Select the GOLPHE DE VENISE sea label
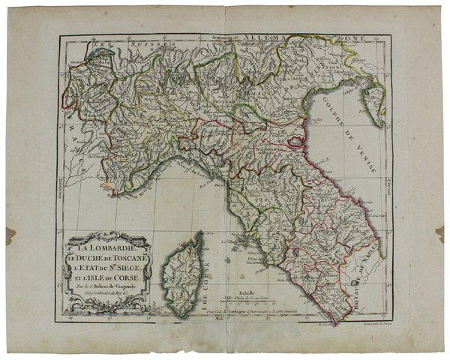tap(345, 143)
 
